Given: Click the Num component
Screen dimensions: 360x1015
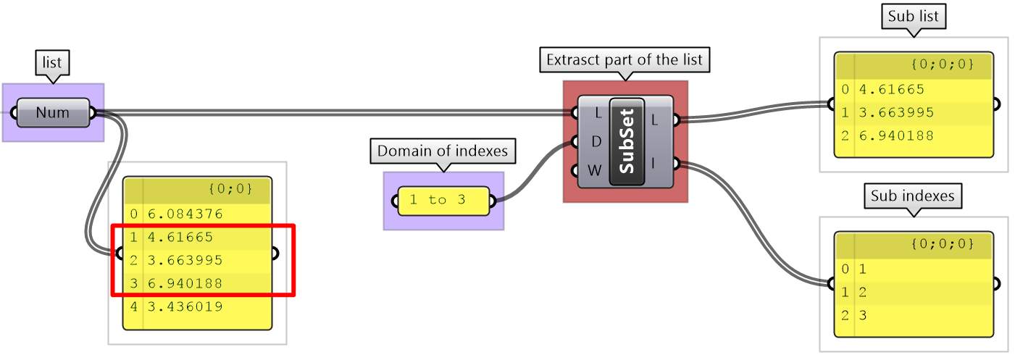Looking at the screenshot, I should [x=53, y=112].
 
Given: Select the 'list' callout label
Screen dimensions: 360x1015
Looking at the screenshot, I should [x=52, y=64].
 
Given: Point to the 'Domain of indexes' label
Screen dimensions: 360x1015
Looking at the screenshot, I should [x=443, y=151].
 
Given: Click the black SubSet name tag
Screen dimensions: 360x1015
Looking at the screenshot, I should [x=627, y=141].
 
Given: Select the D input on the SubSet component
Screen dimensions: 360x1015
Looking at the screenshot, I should [x=596, y=141].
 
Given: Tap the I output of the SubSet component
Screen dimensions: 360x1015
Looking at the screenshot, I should [x=655, y=164].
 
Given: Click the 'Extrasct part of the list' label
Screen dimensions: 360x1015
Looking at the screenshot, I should [x=625, y=60].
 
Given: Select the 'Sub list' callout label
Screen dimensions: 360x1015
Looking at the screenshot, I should [x=913, y=17].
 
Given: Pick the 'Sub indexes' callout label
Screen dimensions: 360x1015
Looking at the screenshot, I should [x=913, y=196].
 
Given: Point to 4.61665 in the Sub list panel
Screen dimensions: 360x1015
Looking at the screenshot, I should [x=892, y=90].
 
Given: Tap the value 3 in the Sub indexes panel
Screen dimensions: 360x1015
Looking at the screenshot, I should [x=863, y=315].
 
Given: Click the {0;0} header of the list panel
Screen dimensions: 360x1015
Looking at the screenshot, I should [x=230, y=189].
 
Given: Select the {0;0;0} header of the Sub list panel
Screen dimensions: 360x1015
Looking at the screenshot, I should [x=942, y=64].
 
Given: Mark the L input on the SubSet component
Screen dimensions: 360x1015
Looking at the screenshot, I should [x=596, y=113].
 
